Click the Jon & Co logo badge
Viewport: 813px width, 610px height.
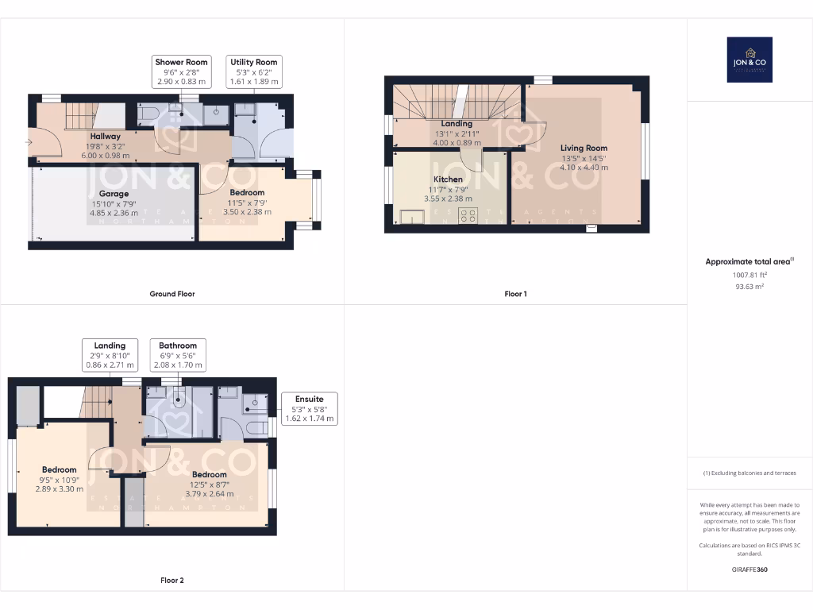click(x=749, y=60)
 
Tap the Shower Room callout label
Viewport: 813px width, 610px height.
click(x=181, y=71)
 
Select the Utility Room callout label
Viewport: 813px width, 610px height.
click(x=254, y=71)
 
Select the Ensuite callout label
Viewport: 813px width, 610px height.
click(x=310, y=407)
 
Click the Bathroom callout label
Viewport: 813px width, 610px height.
click(x=177, y=355)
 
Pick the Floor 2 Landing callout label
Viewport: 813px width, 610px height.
click(x=110, y=355)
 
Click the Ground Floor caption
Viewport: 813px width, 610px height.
click(x=172, y=294)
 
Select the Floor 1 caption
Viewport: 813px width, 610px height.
click(x=515, y=294)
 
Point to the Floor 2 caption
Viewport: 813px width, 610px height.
click(x=172, y=581)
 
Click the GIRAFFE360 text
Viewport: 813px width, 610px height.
click(x=749, y=569)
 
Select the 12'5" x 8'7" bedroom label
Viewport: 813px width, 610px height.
click(x=209, y=485)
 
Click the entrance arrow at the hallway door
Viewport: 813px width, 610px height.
click(x=29, y=142)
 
